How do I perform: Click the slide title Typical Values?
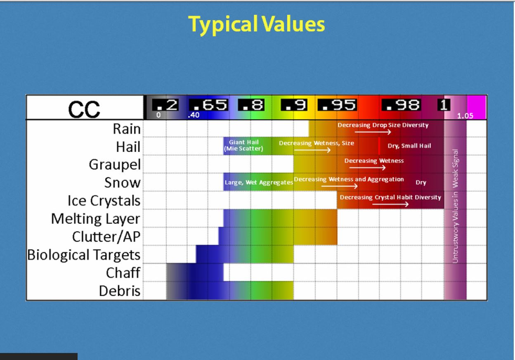coord(256,24)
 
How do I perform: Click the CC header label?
coord(84,109)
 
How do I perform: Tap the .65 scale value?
coord(208,105)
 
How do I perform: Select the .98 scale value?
coord(401,105)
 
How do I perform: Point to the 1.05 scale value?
coord(465,116)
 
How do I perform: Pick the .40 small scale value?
coord(194,115)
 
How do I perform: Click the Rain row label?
coord(127,128)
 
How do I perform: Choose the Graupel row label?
coord(115,165)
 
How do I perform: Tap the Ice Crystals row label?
coord(104,201)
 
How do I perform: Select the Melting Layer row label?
coord(96,219)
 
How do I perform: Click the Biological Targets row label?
coord(84,255)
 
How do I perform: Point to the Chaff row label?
coord(123,273)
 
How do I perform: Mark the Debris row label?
coord(120,291)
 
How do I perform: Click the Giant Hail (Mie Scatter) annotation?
coord(244,145)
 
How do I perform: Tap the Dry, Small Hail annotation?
coord(409,146)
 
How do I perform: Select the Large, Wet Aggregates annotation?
coord(259,182)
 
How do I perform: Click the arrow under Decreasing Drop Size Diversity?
coord(373,132)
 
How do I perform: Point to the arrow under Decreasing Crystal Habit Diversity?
coord(390,204)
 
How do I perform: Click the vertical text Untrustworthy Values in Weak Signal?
coord(455,206)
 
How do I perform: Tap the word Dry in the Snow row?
coord(421,182)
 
